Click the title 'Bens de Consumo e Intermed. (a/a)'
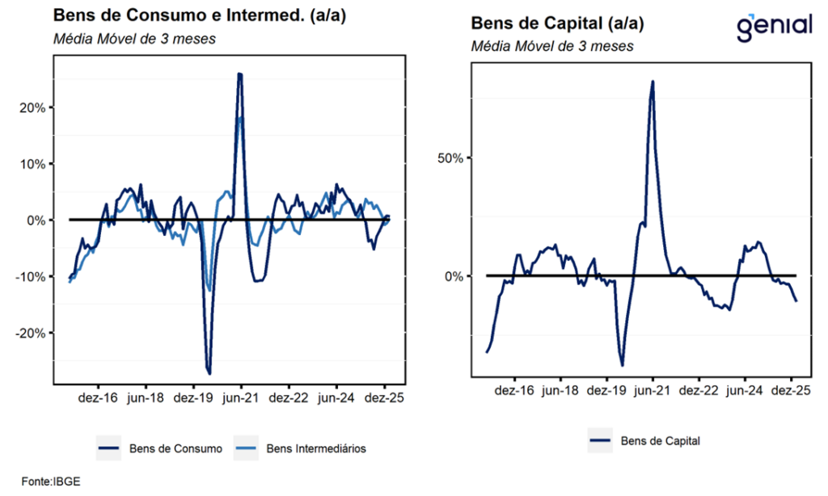tap(200, 15)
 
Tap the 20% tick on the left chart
tap(31, 107)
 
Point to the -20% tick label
tap(28, 333)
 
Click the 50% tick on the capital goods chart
tap(450, 158)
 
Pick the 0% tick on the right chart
tap(453, 276)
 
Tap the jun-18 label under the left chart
tap(146, 398)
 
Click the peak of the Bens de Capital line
tap(652, 81)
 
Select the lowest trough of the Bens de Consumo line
tap(209, 374)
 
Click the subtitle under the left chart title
tap(133, 39)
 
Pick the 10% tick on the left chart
tap(31, 164)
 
